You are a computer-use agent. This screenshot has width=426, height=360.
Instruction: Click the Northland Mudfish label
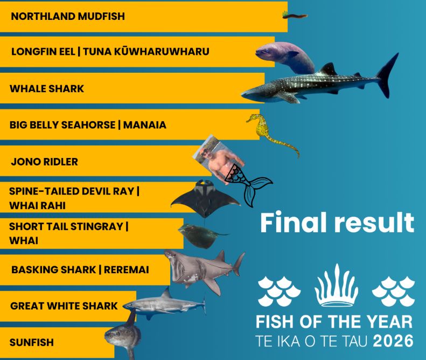tap(68, 16)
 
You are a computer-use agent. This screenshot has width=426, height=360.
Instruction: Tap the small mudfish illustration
tap(295, 16)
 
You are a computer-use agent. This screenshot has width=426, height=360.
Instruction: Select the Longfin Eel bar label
tap(110, 51)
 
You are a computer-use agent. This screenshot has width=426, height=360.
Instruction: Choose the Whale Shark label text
tap(47, 88)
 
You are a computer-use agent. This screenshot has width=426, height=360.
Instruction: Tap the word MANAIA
tap(145, 125)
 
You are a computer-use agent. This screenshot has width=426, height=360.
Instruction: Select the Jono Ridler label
tap(45, 162)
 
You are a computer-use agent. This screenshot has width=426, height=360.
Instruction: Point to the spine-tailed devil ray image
tap(206, 198)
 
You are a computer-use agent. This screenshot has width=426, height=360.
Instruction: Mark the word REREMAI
tap(127, 269)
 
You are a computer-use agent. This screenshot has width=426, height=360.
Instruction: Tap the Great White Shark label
tap(64, 306)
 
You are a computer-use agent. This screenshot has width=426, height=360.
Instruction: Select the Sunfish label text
tap(32, 342)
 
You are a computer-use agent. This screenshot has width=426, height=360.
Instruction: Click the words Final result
tap(337, 223)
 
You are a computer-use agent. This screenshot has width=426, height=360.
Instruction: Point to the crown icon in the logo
tap(337, 286)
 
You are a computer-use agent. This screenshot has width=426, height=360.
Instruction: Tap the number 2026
tap(393, 341)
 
